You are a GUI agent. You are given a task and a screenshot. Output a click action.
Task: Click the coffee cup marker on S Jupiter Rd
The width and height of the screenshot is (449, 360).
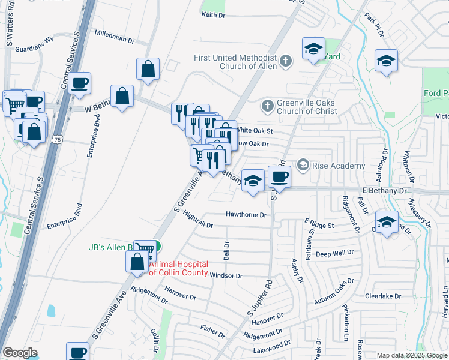tap(279, 177)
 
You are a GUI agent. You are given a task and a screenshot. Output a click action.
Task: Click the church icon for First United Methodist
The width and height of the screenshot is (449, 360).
tap(285, 61)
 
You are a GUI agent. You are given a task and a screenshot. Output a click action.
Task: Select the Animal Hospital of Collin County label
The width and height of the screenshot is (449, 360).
tap(178, 268)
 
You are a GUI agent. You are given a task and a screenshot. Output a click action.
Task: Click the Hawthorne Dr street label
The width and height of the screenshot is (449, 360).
tap(245, 214)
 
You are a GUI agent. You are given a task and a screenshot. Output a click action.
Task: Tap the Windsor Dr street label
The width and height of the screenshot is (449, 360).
tap(226, 275)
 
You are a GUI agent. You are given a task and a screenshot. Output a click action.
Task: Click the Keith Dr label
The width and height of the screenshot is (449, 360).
tap(214, 14)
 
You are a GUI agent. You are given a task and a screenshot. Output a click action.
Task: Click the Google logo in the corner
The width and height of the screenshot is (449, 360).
tap(20, 353)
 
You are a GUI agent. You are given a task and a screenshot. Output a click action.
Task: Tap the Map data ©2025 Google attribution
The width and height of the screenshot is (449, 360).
tap(411, 355)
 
